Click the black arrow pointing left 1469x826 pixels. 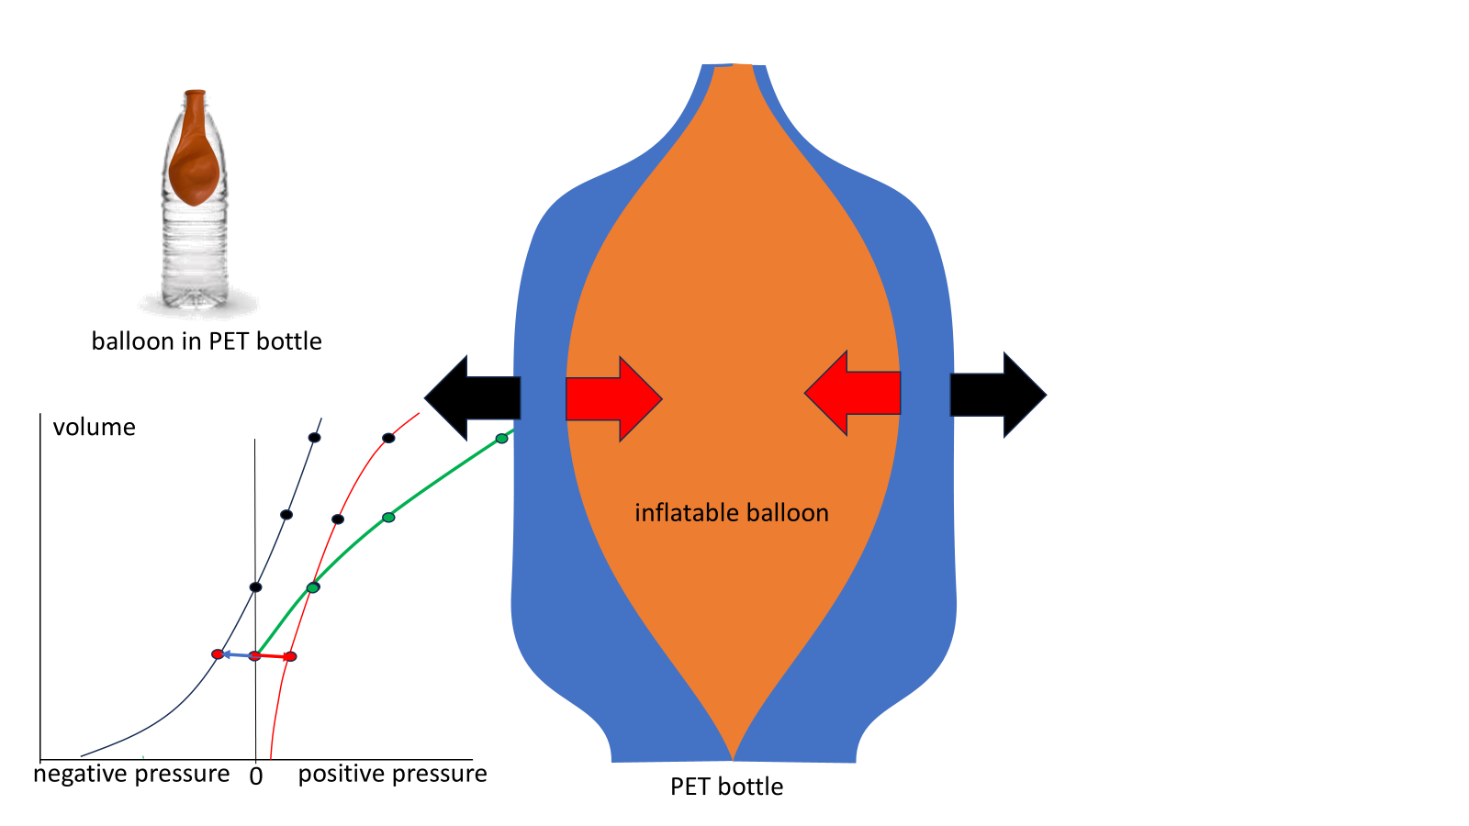472,397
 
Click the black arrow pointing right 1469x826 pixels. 998,395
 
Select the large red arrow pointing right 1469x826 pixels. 614,398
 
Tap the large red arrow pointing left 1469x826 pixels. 853,394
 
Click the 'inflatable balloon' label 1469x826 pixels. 731,513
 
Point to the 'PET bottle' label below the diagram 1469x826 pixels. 726,787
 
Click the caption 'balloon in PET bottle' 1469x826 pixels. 207,340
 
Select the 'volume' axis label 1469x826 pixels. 95,427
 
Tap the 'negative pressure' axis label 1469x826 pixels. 131,775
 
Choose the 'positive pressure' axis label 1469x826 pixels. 392,775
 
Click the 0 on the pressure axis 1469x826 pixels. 256,776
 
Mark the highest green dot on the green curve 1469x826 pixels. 501,439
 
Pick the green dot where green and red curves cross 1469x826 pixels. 313,587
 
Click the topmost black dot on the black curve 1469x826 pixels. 315,437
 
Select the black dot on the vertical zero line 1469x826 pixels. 256,586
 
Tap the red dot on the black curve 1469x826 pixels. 218,654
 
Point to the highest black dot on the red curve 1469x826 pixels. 388,438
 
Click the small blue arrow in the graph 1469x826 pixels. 238,655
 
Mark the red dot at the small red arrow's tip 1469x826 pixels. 290,656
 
